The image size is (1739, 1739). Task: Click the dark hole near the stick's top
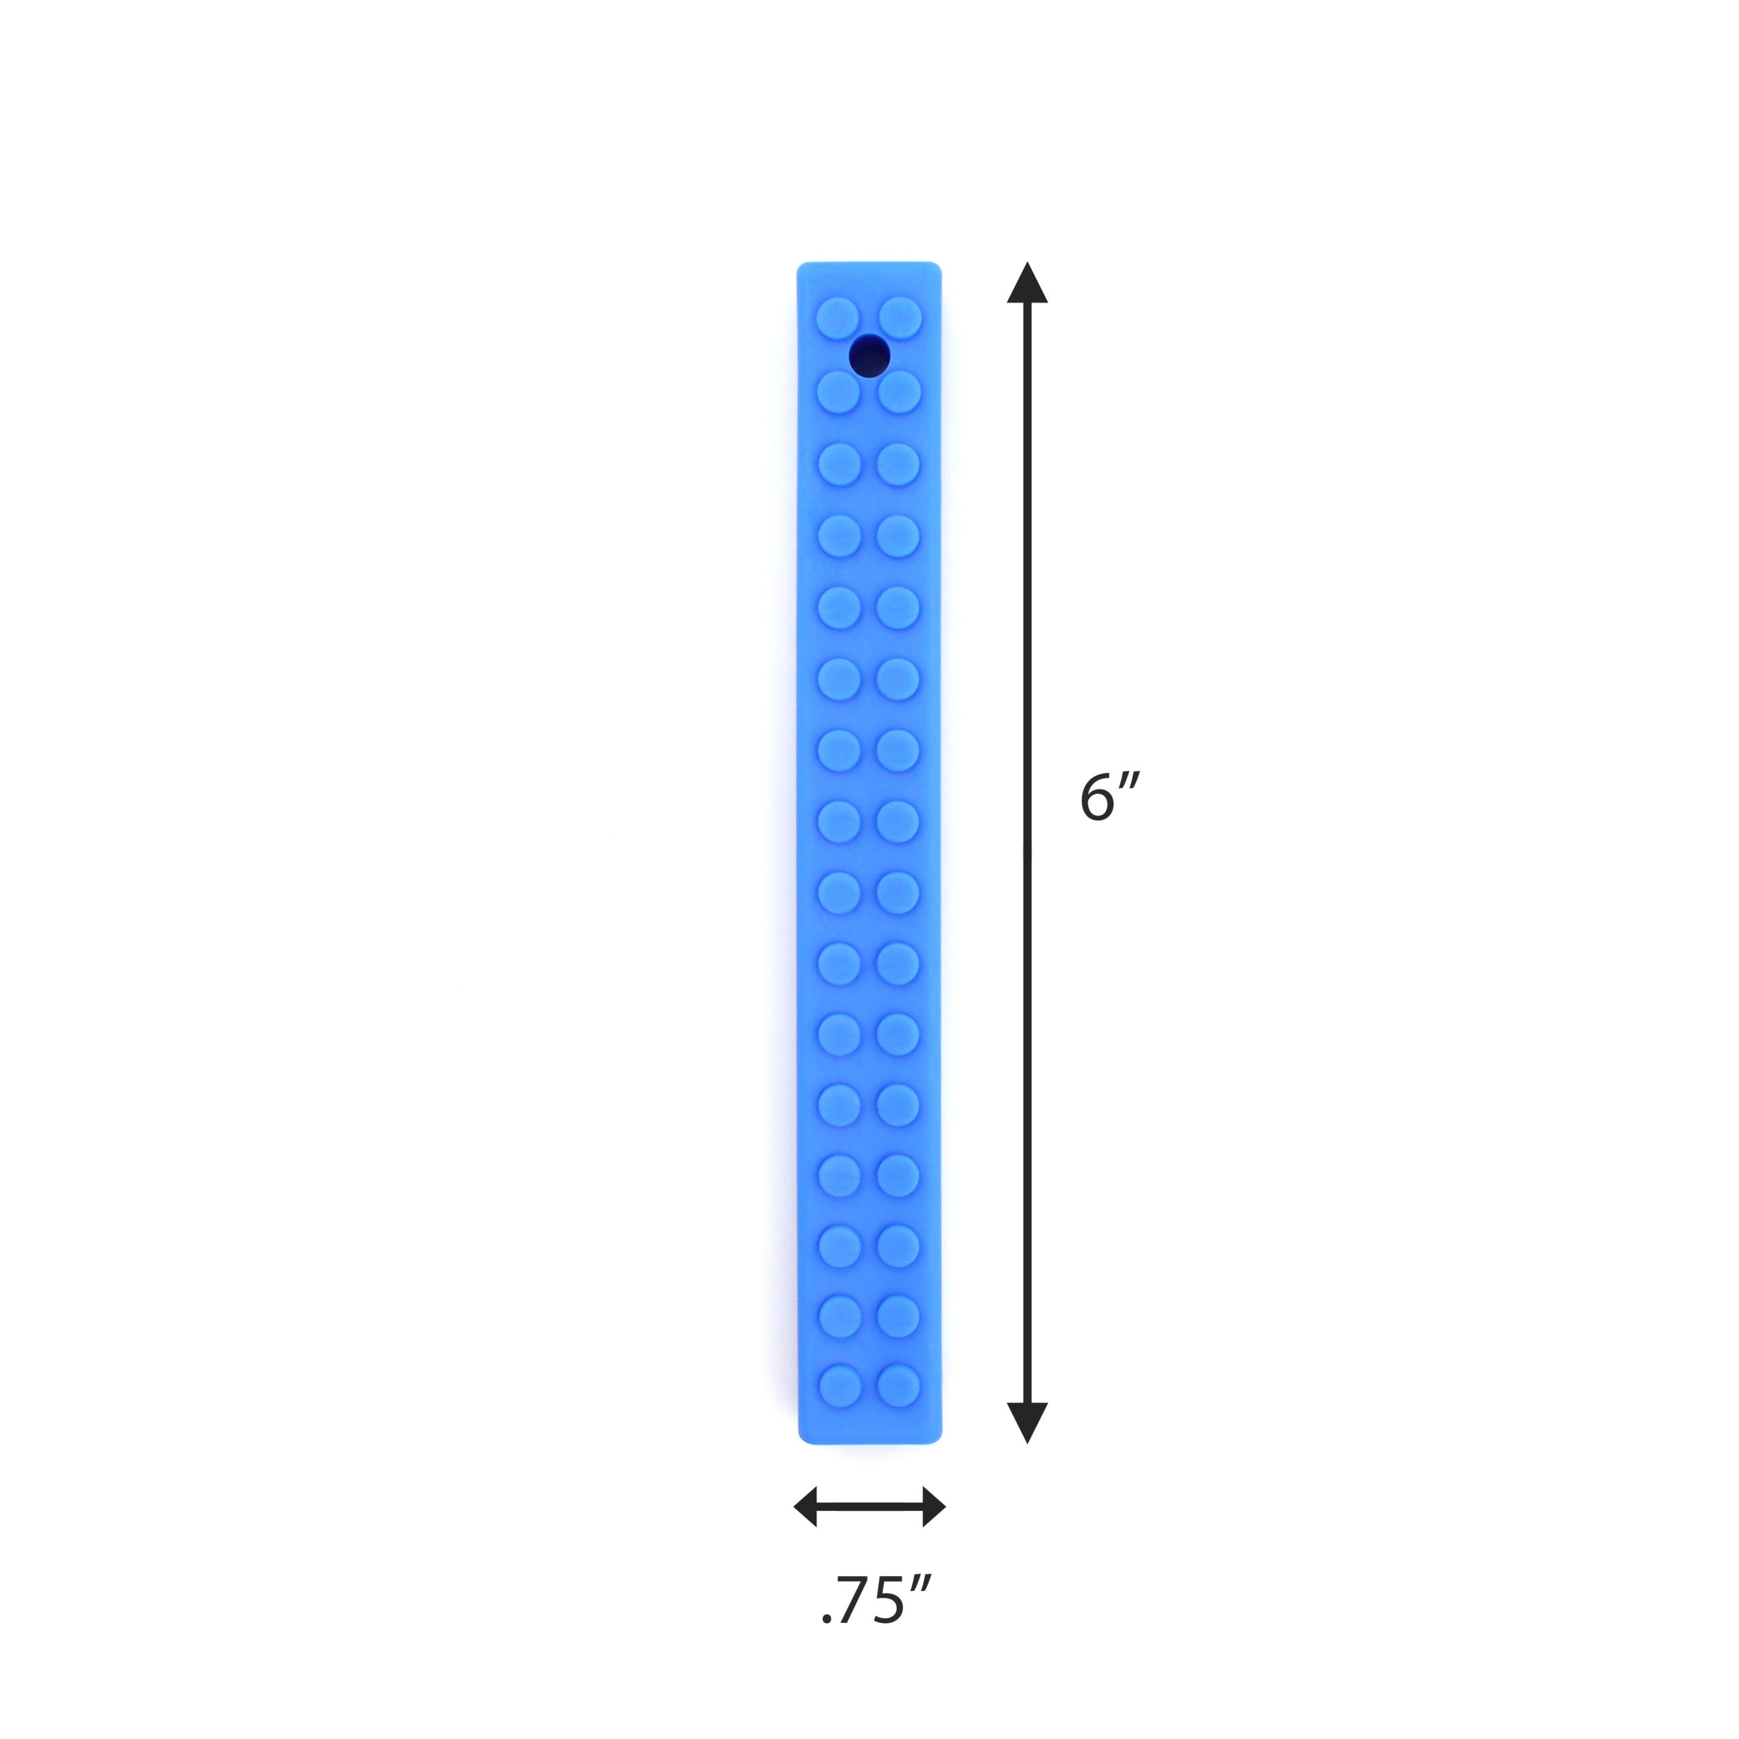click(x=869, y=355)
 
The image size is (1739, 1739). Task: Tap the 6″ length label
click(x=1111, y=797)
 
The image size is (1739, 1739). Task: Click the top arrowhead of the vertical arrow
click(x=1027, y=283)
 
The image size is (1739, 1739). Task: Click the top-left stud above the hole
click(x=838, y=319)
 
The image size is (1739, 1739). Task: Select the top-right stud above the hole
click(x=900, y=319)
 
